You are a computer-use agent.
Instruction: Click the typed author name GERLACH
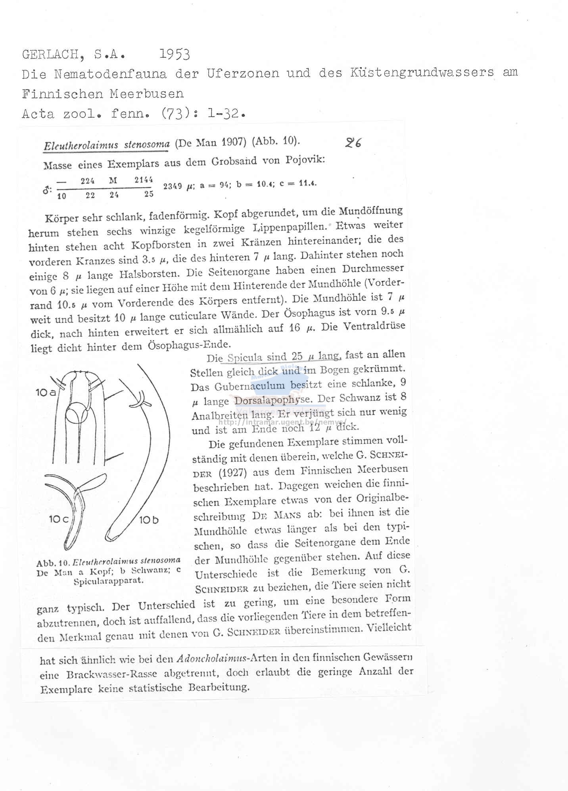(51, 55)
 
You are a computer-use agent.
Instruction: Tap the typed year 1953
(175, 54)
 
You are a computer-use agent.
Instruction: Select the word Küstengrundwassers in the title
(422, 72)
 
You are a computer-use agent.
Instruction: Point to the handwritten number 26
(353, 143)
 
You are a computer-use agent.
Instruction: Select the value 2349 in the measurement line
(173, 186)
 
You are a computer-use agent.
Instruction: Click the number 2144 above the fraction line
(144, 180)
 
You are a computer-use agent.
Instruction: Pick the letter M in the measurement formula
(113, 181)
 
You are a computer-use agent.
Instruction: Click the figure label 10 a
(46, 393)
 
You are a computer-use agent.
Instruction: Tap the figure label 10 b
(149, 520)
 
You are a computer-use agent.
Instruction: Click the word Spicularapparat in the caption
(108, 581)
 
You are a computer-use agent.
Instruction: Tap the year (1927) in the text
(233, 473)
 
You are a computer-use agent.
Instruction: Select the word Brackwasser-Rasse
(111, 674)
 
